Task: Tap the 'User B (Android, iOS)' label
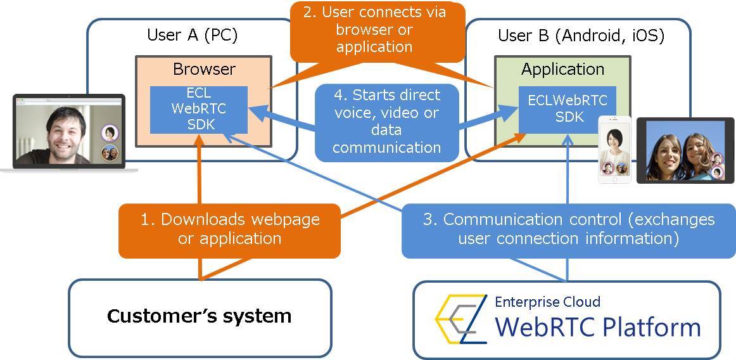click(581, 35)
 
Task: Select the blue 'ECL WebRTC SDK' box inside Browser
click(198, 109)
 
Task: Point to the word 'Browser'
click(204, 69)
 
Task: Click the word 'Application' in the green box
click(562, 69)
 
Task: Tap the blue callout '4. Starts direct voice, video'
click(386, 121)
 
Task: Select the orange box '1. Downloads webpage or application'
click(230, 229)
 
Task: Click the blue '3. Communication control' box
click(568, 229)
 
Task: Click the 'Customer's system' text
click(199, 316)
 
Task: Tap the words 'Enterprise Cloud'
click(547, 302)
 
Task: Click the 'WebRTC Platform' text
click(597, 328)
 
